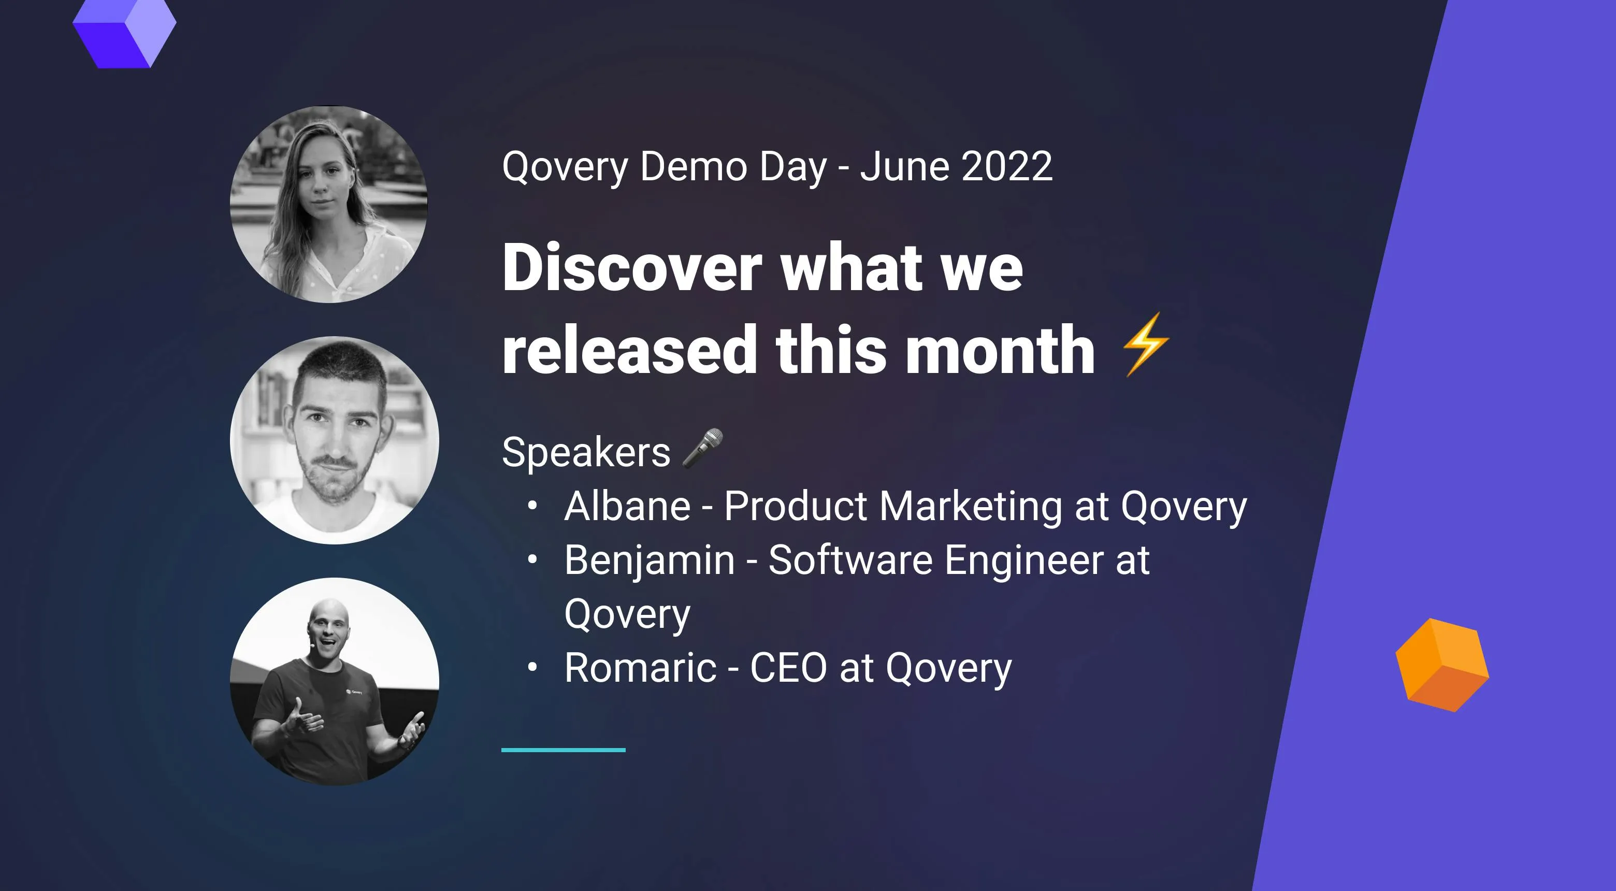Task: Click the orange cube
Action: click(1441, 665)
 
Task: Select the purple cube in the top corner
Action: click(124, 32)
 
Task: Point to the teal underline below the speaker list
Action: click(562, 750)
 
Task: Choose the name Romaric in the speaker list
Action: click(640, 668)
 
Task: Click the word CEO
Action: click(788, 668)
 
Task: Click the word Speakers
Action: click(586, 452)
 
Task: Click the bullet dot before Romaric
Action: click(532, 667)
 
